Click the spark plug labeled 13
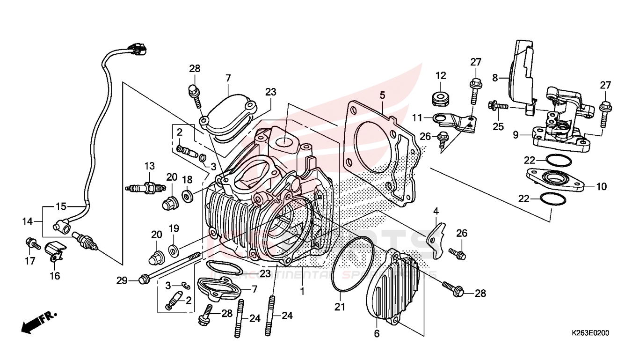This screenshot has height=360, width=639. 146,189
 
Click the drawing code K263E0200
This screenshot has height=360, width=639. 590,333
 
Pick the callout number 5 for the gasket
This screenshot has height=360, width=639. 382,96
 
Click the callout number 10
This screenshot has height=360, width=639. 601,187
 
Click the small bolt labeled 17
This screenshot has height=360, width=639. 30,243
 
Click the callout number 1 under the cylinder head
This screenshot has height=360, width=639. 303,291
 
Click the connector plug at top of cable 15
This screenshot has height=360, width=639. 137,48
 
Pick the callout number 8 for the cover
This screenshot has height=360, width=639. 495,78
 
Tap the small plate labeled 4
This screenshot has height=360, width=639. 437,239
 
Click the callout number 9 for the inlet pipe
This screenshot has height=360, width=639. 516,135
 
